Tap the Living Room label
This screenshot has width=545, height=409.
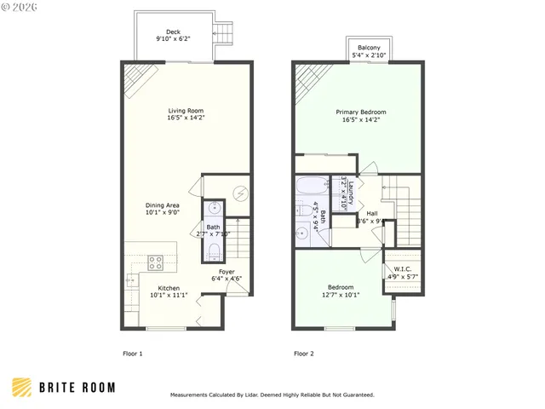185,111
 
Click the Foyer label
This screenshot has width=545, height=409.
227,273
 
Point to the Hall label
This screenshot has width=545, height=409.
372,213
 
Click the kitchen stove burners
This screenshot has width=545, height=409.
157,262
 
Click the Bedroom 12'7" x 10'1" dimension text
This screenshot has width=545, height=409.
341,296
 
